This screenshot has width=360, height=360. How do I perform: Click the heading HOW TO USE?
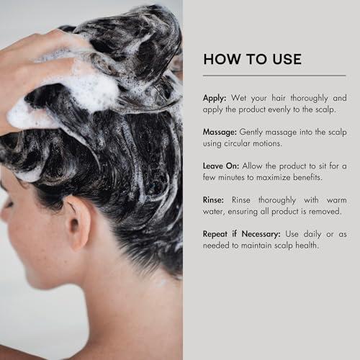pyautogui.click(x=252, y=59)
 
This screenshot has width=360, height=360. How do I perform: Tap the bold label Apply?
pyautogui.click(x=215, y=99)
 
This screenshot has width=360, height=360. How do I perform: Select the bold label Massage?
pyautogui.click(x=220, y=132)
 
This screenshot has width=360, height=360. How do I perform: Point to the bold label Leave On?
pyautogui.click(x=221, y=166)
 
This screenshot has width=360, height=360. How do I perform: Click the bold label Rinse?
pyautogui.click(x=213, y=200)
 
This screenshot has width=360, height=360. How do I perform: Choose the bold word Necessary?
pyautogui.click(x=261, y=234)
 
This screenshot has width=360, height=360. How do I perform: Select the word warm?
pyautogui.click(x=336, y=200)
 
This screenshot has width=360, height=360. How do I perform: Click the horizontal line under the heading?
pyautogui.click(x=274, y=76)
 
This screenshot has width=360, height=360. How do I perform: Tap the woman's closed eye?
pyautogui.click(x=9, y=204)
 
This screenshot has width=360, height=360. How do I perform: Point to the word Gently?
pyautogui.click(x=251, y=132)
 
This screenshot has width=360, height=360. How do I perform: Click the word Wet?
pyautogui.click(x=238, y=98)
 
